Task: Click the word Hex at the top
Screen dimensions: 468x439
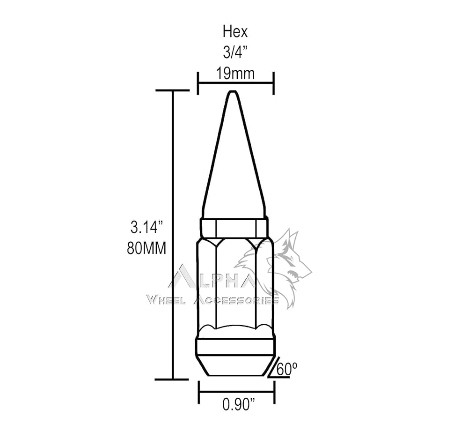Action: tap(235, 32)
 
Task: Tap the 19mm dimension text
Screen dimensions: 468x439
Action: tap(235, 74)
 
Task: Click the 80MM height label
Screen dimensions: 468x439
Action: tap(146, 248)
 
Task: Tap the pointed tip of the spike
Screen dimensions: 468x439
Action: tap(233, 91)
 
